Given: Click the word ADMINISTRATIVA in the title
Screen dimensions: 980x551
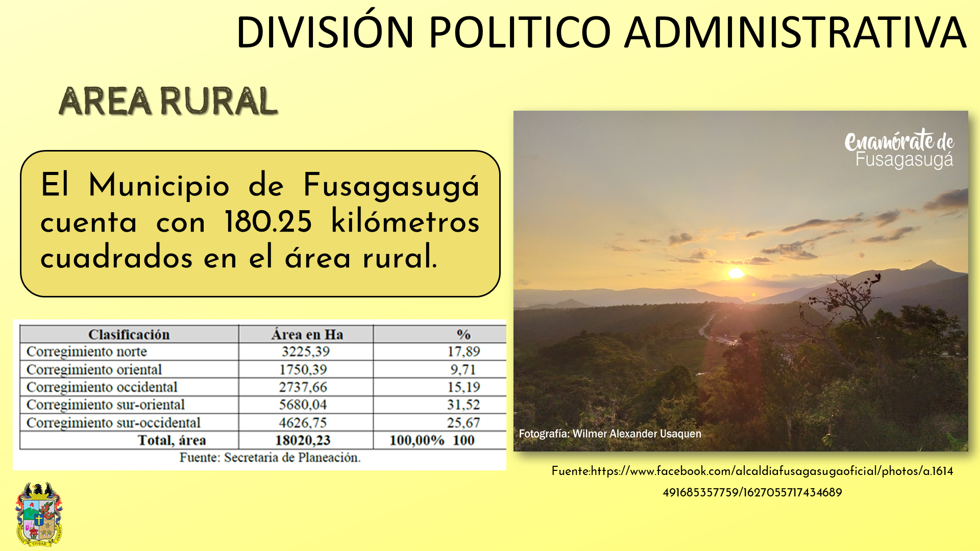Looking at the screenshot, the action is [795, 33].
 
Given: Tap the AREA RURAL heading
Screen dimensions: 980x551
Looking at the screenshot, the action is [168, 101].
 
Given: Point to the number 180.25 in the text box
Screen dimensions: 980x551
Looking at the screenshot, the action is [268, 222].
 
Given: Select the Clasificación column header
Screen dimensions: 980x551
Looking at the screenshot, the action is [129, 335].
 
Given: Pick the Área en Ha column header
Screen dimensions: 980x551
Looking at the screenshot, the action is [307, 335].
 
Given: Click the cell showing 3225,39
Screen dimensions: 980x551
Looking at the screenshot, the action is [305, 352].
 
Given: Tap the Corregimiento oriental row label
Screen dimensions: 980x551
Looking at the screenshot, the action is [94, 369].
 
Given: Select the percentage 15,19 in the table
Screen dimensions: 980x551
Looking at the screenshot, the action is [463, 387].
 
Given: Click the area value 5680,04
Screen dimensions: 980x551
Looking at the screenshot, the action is [303, 405].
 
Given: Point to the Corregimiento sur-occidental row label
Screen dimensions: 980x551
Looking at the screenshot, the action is [113, 423].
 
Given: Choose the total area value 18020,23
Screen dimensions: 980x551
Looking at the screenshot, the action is [303, 440].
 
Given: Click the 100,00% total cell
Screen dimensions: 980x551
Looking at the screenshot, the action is [417, 440].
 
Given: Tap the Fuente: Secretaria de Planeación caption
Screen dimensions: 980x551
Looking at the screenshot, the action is [270, 458].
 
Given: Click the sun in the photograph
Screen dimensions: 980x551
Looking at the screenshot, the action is [736, 273].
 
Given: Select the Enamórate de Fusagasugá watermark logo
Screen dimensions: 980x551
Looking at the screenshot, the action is [899, 148].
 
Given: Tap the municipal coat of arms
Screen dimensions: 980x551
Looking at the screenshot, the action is [39, 514].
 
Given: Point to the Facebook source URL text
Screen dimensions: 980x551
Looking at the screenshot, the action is [752, 482].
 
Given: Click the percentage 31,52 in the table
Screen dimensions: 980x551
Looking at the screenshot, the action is [463, 405].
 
